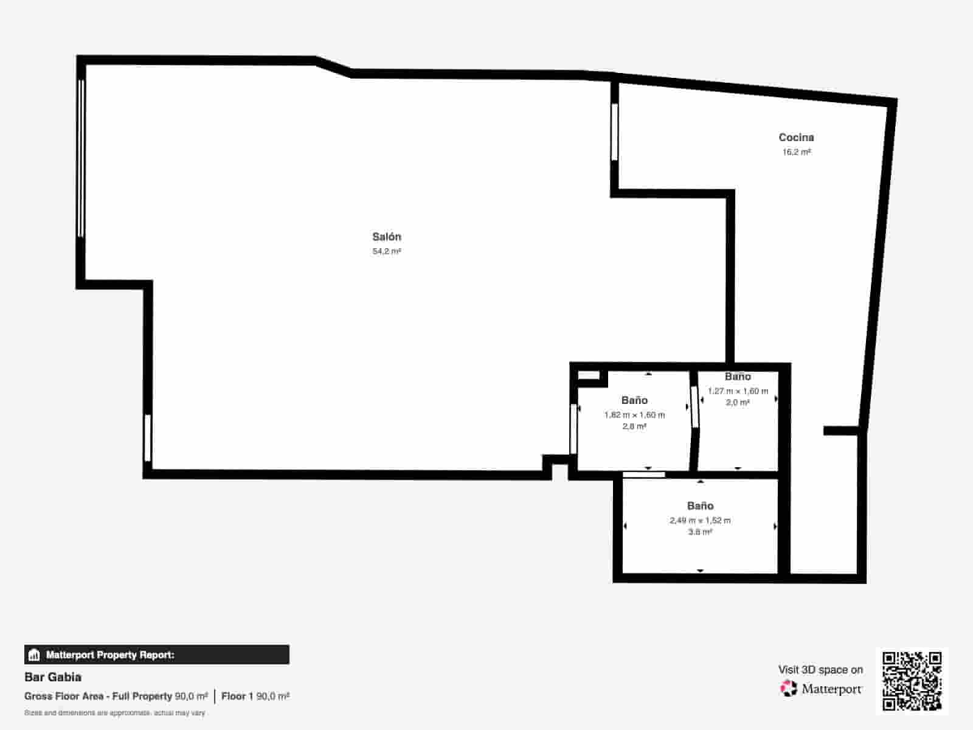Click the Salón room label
pyautogui.click(x=387, y=237)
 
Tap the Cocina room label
pyautogui.click(x=796, y=137)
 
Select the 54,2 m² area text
pyautogui.click(x=387, y=251)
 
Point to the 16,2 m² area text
pyautogui.click(x=797, y=152)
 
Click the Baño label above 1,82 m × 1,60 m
pyautogui.click(x=634, y=400)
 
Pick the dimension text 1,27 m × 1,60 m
pyautogui.click(x=738, y=391)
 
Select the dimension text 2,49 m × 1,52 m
pyautogui.click(x=700, y=520)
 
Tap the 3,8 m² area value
pyautogui.click(x=700, y=532)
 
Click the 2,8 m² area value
pyautogui.click(x=634, y=426)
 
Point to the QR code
pyautogui.click(x=912, y=681)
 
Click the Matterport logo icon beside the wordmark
pyautogui.click(x=789, y=689)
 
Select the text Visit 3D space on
pyautogui.click(x=820, y=670)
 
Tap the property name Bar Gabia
pyautogui.click(x=53, y=677)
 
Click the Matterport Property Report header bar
pyautogui.click(x=157, y=655)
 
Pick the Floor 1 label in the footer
pyautogui.click(x=237, y=697)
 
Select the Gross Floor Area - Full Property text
pyautogui.click(x=98, y=697)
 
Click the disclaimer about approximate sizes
pyautogui.click(x=115, y=713)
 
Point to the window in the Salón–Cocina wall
pyautogui.click(x=614, y=131)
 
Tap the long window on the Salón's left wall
pyautogui.click(x=81, y=158)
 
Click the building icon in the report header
pyautogui.click(x=34, y=655)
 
